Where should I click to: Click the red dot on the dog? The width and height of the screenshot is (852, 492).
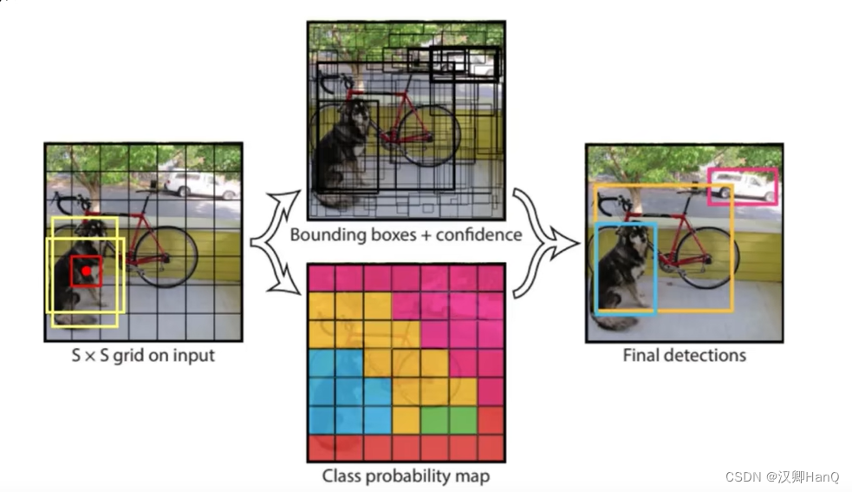[87, 272]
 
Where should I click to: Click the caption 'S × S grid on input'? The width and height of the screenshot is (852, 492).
[143, 355]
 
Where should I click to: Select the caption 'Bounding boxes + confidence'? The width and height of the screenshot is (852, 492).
[406, 234]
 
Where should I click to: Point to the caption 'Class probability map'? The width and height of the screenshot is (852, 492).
[406, 476]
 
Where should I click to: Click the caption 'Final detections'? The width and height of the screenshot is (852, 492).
[684, 355]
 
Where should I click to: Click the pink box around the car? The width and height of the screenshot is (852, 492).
[743, 171]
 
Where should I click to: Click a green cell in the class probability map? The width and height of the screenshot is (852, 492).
[448, 420]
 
